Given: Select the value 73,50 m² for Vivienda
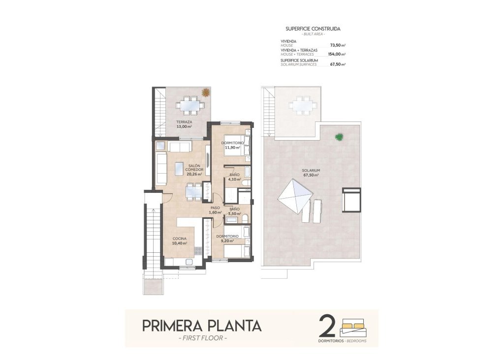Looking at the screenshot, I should point(337,45).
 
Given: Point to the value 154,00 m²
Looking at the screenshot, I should point(336,55).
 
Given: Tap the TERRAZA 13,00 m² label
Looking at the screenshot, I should point(184,124).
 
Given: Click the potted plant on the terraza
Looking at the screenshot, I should point(205,92).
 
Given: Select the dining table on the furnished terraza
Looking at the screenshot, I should point(189,105).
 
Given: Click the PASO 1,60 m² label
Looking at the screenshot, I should point(215,210).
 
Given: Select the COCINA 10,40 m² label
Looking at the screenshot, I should point(179,241).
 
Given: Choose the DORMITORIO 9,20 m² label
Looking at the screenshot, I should point(227,239).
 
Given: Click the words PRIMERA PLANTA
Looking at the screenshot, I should point(202,326).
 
